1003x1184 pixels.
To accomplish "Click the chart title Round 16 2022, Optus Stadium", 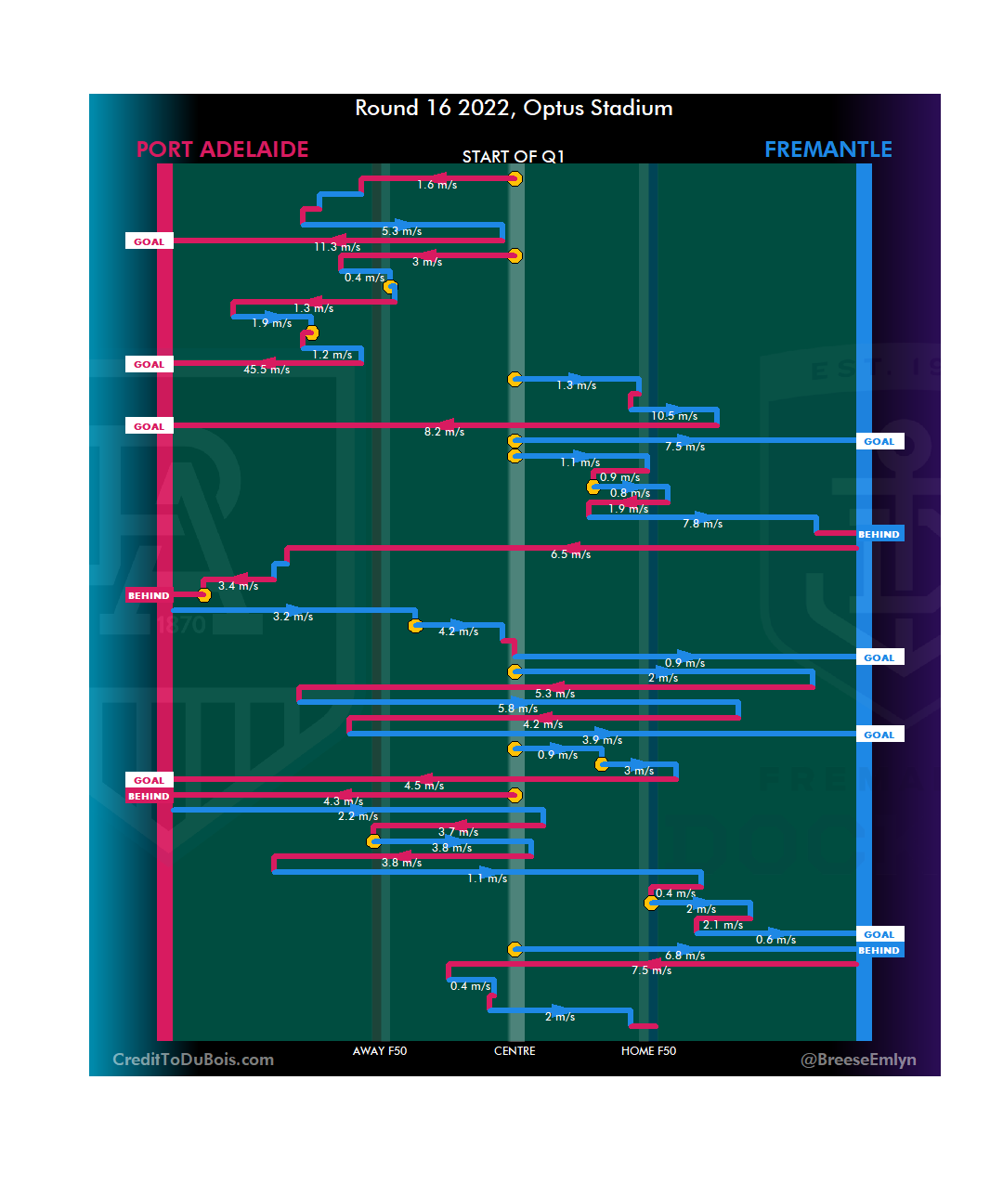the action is coord(514,109).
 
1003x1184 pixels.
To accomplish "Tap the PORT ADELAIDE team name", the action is coord(222,150).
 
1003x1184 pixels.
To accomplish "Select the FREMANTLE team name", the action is coord(827,150).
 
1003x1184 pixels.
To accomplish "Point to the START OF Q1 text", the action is coord(514,157).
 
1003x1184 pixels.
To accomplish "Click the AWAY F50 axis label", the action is coord(380,1051).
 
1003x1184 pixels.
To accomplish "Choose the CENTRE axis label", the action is coord(515,1051).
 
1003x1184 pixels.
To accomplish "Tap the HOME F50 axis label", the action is coord(648,1051).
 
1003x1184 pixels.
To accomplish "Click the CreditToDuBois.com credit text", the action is coord(193,1060).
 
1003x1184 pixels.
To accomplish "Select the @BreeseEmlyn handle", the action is coord(858,1060).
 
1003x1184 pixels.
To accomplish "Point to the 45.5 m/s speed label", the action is coord(267,370).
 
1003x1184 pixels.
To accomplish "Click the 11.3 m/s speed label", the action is coord(337,247).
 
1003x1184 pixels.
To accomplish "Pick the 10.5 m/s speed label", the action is coord(674,416).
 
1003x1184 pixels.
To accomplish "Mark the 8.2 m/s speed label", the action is coord(444,432).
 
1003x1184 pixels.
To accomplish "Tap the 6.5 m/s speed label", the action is coord(570,554).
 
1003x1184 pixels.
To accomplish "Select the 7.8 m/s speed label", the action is coord(702,524).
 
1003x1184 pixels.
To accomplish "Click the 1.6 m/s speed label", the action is coord(436,185).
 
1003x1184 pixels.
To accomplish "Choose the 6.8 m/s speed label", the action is coord(684,956).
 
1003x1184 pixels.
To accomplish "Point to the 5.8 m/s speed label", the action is coord(517,709).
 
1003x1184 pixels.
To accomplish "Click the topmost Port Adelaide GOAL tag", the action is coord(149,241).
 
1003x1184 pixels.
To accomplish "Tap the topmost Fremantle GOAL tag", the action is coord(879,442).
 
